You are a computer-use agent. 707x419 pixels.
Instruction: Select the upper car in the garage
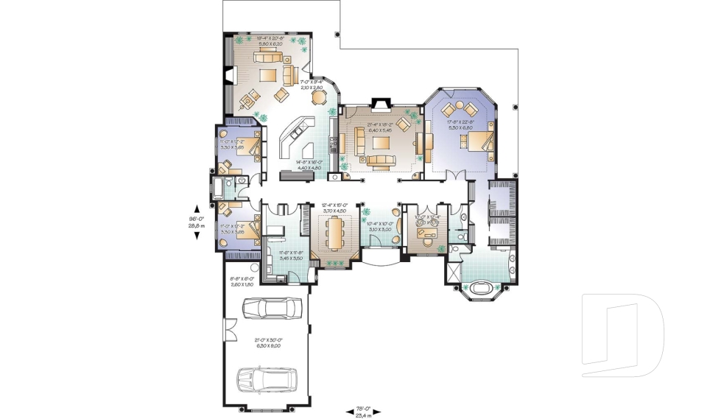pos(272,308)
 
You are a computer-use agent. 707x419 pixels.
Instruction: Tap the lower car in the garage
pos(267,379)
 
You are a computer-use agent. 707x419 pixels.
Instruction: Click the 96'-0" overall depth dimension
pos(196,222)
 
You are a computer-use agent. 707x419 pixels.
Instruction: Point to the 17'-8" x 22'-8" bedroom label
pos(461,124)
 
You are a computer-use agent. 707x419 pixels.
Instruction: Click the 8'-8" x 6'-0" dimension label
pos(242,281)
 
